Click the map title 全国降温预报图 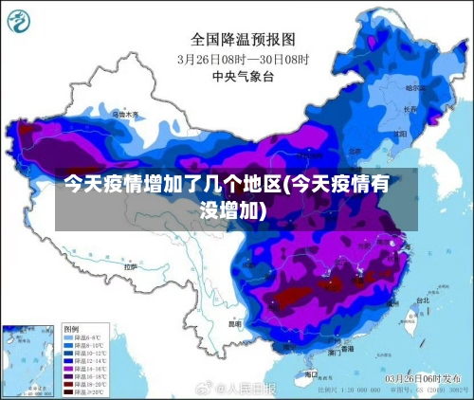point(243,39)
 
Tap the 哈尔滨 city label point(415,87)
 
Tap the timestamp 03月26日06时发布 point(423,378)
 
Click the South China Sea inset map point(28,360)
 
